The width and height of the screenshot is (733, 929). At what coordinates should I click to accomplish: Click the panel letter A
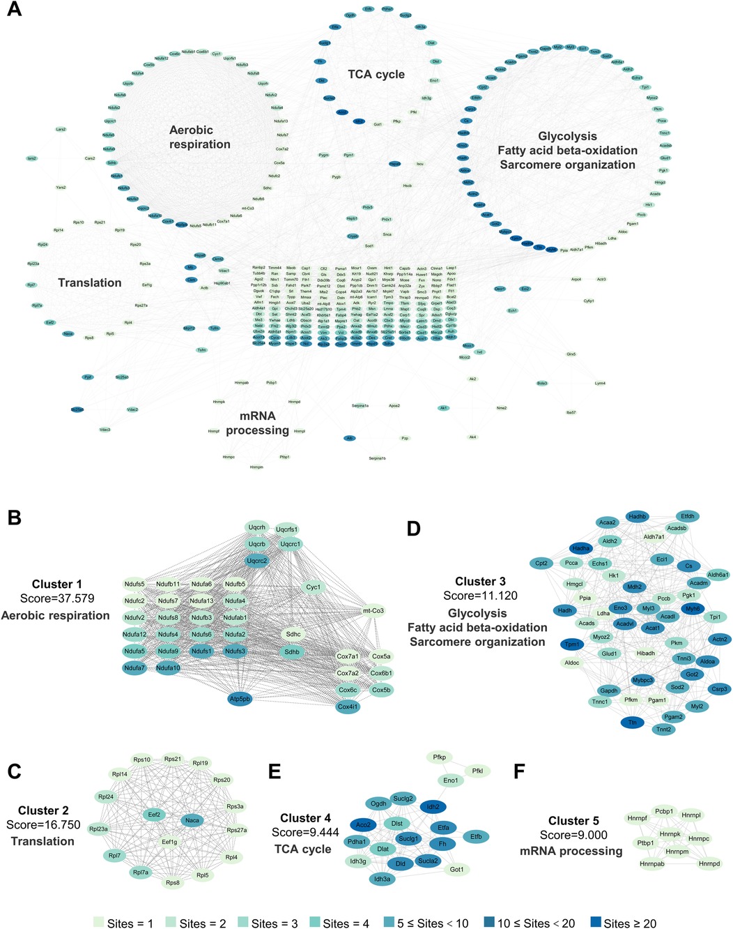(14, 12)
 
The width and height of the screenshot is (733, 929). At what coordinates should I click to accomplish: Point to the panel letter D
(414, 529)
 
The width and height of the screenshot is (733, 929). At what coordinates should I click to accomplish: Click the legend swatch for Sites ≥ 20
(595, 922)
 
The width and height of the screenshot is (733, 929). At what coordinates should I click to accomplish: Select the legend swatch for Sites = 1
(98, 922)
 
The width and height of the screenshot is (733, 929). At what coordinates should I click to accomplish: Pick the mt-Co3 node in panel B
(373, 611)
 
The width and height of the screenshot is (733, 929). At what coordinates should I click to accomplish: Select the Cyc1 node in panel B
(314, 587)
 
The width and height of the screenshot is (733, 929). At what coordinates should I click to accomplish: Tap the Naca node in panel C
(192, 820)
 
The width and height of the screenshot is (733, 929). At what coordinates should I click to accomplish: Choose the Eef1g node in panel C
(169, 842)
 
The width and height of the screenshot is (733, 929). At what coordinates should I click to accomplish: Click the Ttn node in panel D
(632, 723)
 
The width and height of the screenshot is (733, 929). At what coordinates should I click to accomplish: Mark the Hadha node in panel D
(581, 549)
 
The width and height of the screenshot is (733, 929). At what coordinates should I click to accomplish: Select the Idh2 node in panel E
(433, 806)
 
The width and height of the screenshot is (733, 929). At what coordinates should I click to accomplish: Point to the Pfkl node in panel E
(477, 771)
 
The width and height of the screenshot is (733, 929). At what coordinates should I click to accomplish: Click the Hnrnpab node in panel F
(651, 864)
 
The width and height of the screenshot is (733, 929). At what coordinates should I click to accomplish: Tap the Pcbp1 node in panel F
(664, 811)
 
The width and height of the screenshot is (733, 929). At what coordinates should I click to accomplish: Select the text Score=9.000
(573, 835)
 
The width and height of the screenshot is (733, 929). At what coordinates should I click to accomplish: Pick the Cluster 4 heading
(305, 817)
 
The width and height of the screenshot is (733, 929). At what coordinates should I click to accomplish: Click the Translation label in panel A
(90, 282)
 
